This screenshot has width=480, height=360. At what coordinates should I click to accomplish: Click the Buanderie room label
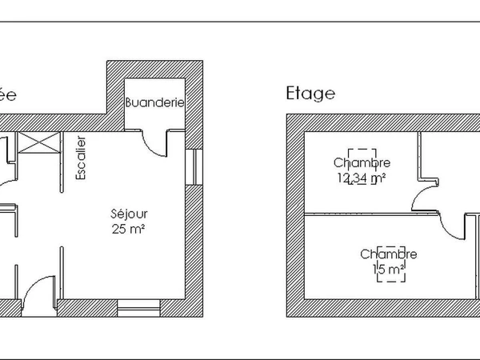155,103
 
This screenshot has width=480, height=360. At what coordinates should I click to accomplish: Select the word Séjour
129,214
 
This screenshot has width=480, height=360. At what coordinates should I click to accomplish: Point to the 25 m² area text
129,229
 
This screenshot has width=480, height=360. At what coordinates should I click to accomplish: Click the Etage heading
310,94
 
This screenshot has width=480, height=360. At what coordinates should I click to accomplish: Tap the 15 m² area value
389,270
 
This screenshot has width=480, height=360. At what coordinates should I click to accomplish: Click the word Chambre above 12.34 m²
362,163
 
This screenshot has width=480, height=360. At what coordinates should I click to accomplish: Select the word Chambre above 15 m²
389,254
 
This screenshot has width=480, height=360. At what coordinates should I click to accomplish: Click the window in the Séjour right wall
193,168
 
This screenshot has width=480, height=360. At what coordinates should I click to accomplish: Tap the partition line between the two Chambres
360,214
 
